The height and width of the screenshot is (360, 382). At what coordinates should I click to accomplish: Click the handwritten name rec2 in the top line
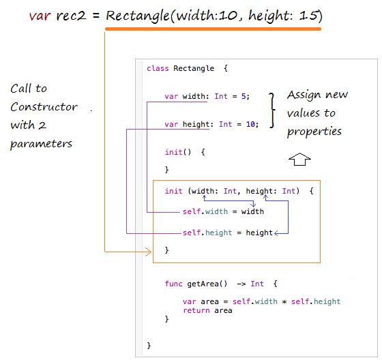pos(71,16)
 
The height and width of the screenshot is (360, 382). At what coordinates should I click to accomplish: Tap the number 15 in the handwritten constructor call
pos(308,16)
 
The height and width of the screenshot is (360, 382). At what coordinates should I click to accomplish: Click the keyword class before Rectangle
pos(158,68)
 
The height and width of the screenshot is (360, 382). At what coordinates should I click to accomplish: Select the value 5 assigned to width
pos(244,96)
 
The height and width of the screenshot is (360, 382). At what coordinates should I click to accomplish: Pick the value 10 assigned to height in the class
pos(250,124)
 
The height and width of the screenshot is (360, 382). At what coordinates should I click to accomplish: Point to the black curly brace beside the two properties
pos(272,110)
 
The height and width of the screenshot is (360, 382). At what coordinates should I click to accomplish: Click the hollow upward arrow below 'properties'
pos(299,160)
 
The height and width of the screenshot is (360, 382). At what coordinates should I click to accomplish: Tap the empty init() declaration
pos(178,152)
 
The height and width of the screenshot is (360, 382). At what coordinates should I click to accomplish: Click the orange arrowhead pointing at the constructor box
pos(149,252)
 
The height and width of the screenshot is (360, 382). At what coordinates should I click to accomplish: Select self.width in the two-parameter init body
pos(205,211)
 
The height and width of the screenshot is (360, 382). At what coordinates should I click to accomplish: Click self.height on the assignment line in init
pos(207,232)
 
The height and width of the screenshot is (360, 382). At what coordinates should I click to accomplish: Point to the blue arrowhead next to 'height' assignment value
pos(276,233)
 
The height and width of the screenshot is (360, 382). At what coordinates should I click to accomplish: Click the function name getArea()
pos(207,284)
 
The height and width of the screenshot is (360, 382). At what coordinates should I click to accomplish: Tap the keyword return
pos(196,310)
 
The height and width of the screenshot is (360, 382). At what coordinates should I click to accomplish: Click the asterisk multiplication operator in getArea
pos(284,302)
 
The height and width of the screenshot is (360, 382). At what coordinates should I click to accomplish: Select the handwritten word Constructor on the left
pos(44,106)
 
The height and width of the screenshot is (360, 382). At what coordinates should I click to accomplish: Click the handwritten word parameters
pos(41,144)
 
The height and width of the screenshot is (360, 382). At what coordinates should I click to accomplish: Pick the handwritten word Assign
pos(304,95)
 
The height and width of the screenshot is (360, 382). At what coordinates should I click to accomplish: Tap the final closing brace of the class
pos(149,346)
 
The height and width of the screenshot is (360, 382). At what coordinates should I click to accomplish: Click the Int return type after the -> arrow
pos(257,284)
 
